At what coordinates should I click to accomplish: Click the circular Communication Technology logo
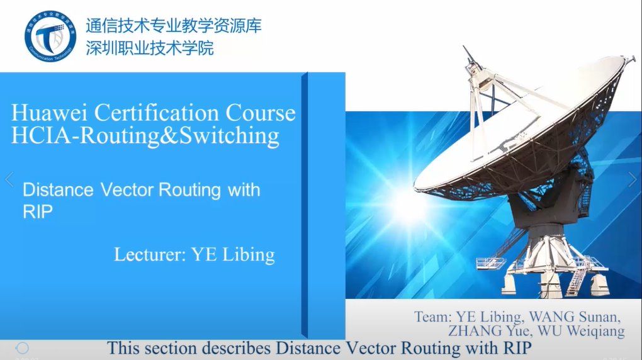(x=50, y=36)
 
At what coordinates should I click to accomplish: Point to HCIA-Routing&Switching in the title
(x=145, y=136)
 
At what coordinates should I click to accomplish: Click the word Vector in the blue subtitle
(x=127, y=189)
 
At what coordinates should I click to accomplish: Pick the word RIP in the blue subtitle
(x=38, y=211)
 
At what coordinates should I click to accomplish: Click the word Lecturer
(x=150, y=254)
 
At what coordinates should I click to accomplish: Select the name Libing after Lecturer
(x=248, y=255)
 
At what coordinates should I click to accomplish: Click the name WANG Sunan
(x=575, y=317)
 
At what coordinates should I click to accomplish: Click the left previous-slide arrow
(x=9, y=179)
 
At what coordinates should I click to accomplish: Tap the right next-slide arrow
(x=633, y=179)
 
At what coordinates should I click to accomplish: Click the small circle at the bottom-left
(x=23, y=348)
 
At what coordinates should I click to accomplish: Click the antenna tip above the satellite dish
(x=465, y=47)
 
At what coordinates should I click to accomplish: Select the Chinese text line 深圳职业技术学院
(x=150, y=48)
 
